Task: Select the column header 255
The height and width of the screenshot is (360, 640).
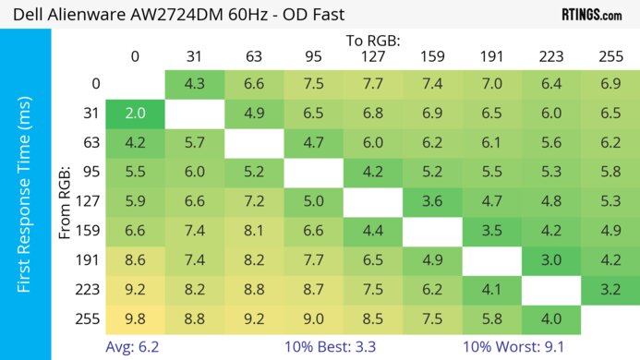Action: [610, 57]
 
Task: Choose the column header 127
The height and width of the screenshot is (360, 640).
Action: [372, 57]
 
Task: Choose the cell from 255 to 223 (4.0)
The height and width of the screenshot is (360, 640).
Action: [551, 321]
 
